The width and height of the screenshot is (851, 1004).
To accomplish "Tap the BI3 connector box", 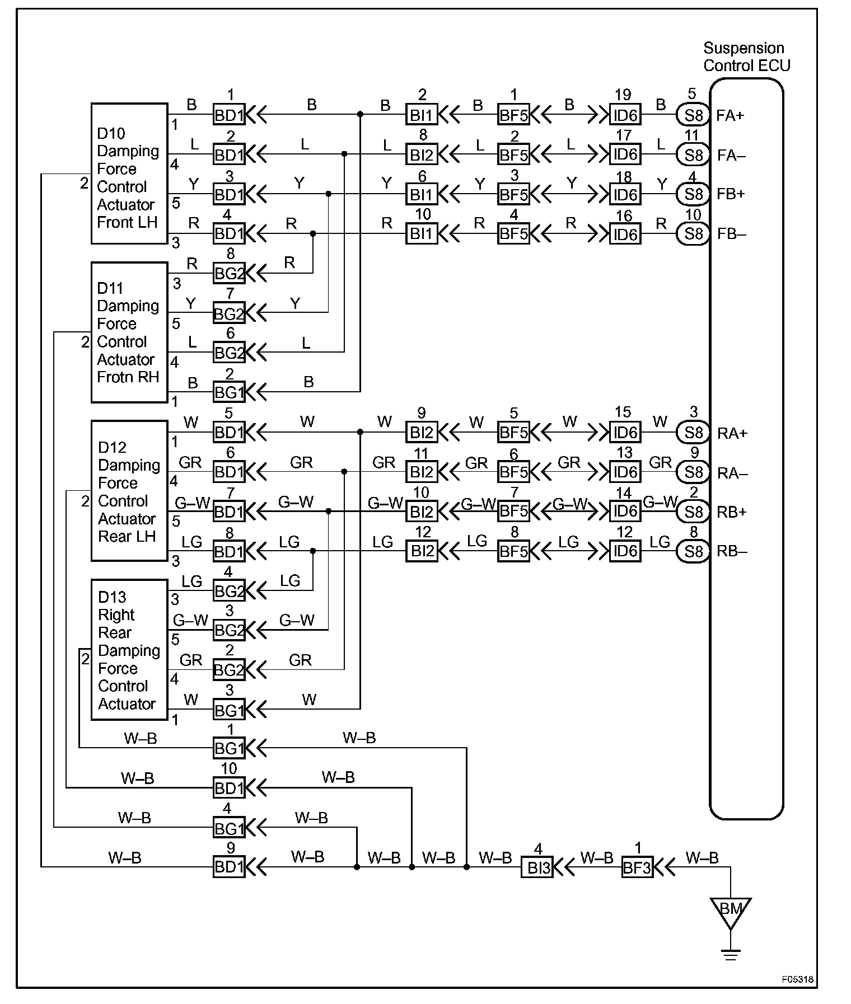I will tap(537, 867).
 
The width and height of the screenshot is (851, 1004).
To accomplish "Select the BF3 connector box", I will tap(637, 867).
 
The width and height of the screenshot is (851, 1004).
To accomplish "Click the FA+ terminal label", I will tap(730, 116).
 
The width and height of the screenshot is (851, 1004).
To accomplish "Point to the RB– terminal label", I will tap(732, 551).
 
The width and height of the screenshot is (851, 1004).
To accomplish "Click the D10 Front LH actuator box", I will tap(129, 173).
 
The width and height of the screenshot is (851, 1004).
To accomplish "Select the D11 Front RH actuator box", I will tap(129, 332).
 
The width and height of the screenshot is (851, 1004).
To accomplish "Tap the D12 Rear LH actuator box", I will tap(129, 491).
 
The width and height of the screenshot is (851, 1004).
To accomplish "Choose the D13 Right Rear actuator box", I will tap(129, 649).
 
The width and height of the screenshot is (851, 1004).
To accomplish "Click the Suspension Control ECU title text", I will tap(746, 57).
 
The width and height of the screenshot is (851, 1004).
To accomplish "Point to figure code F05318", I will tap(797, 979).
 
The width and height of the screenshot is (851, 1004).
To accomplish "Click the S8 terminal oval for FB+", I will tap(693, 194).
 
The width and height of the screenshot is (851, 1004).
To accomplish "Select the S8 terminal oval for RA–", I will tap(693, 472).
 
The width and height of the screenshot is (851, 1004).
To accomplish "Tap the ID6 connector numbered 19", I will tap(625, 115).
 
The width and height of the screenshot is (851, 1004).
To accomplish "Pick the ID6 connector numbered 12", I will tap(625, 551).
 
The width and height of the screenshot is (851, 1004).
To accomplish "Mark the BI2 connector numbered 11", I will tap(422, 472).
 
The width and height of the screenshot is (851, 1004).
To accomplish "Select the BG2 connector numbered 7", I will tap(229, 313).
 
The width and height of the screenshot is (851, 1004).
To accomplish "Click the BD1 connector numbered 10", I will tap(229, 788).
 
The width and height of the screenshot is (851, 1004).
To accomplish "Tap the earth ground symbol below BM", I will tap(730, 954).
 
